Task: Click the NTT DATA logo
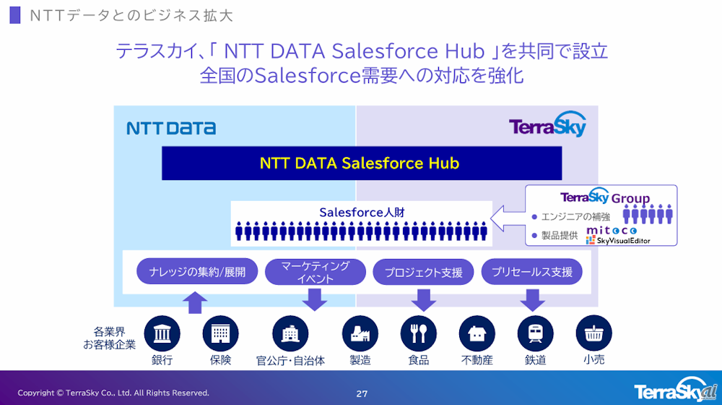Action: (171, 128)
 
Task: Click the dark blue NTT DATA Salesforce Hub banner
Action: (362, 163)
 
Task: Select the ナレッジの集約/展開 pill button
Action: (197, 272)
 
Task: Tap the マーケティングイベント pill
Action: (316, 272)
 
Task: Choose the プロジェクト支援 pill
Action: (423, 272)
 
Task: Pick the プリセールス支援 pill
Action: (532, 272)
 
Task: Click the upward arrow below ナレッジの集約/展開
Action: (195, 302)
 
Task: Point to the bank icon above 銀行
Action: (162, 333)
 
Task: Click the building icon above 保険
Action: (220, 333)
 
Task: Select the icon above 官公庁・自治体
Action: (290, 333)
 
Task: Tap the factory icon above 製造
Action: (360, 333)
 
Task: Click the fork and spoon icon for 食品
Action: (419, 333)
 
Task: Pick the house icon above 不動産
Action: (477, 333)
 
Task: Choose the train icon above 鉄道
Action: (535, 333)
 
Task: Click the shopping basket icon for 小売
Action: (593, 333)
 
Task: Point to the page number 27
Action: (362, 393)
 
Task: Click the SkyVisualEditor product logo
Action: (618, 240)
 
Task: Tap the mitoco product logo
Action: (612, 230)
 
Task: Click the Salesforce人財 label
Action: (362, 213)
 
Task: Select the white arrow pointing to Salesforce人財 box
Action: (508, 218)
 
